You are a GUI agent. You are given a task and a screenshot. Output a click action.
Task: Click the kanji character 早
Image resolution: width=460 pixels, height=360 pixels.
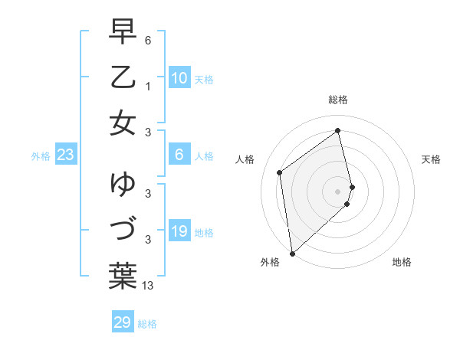tap(123, 31)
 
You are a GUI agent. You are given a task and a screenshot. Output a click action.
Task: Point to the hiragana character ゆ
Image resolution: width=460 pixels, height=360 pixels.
tap(123, 184)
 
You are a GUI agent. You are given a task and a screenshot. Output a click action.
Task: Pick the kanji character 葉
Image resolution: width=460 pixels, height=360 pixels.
tap(123, 276)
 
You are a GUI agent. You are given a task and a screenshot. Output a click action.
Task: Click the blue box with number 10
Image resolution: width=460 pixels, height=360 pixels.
tap(179, 78)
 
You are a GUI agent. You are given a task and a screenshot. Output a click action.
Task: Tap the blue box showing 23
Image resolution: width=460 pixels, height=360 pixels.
tap(65, 155)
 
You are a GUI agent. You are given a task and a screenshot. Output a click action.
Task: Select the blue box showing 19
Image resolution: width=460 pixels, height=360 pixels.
tap(179, 231)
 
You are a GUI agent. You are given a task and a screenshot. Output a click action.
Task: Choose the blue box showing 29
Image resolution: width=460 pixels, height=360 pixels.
tap(122, 322)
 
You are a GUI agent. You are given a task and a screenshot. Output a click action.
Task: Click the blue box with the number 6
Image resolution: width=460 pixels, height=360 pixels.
tap(179, 155)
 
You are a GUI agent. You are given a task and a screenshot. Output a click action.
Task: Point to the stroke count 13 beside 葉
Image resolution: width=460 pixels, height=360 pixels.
tap(148, 286)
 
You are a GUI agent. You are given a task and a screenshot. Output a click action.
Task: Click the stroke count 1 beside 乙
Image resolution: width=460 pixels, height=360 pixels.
tap(148, 87)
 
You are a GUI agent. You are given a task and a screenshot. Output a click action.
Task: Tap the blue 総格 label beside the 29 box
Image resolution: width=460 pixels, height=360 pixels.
tap(148, 324)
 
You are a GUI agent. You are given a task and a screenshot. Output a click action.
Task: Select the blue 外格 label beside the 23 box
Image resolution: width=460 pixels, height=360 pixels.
tap(41, 156)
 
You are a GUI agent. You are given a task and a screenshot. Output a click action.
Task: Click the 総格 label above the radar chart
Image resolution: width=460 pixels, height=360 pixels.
tap(337, 100)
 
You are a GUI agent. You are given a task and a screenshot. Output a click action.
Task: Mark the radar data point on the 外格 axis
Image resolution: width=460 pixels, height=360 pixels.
tap(292, 253)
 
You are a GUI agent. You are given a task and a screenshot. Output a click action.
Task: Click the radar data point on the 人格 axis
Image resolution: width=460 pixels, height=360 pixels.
tap(280, 172)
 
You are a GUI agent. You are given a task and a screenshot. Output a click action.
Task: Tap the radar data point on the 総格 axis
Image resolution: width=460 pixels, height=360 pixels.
tap(337, 131)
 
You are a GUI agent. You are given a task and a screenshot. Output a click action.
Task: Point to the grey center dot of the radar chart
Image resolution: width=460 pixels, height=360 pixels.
tap(337, 191)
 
